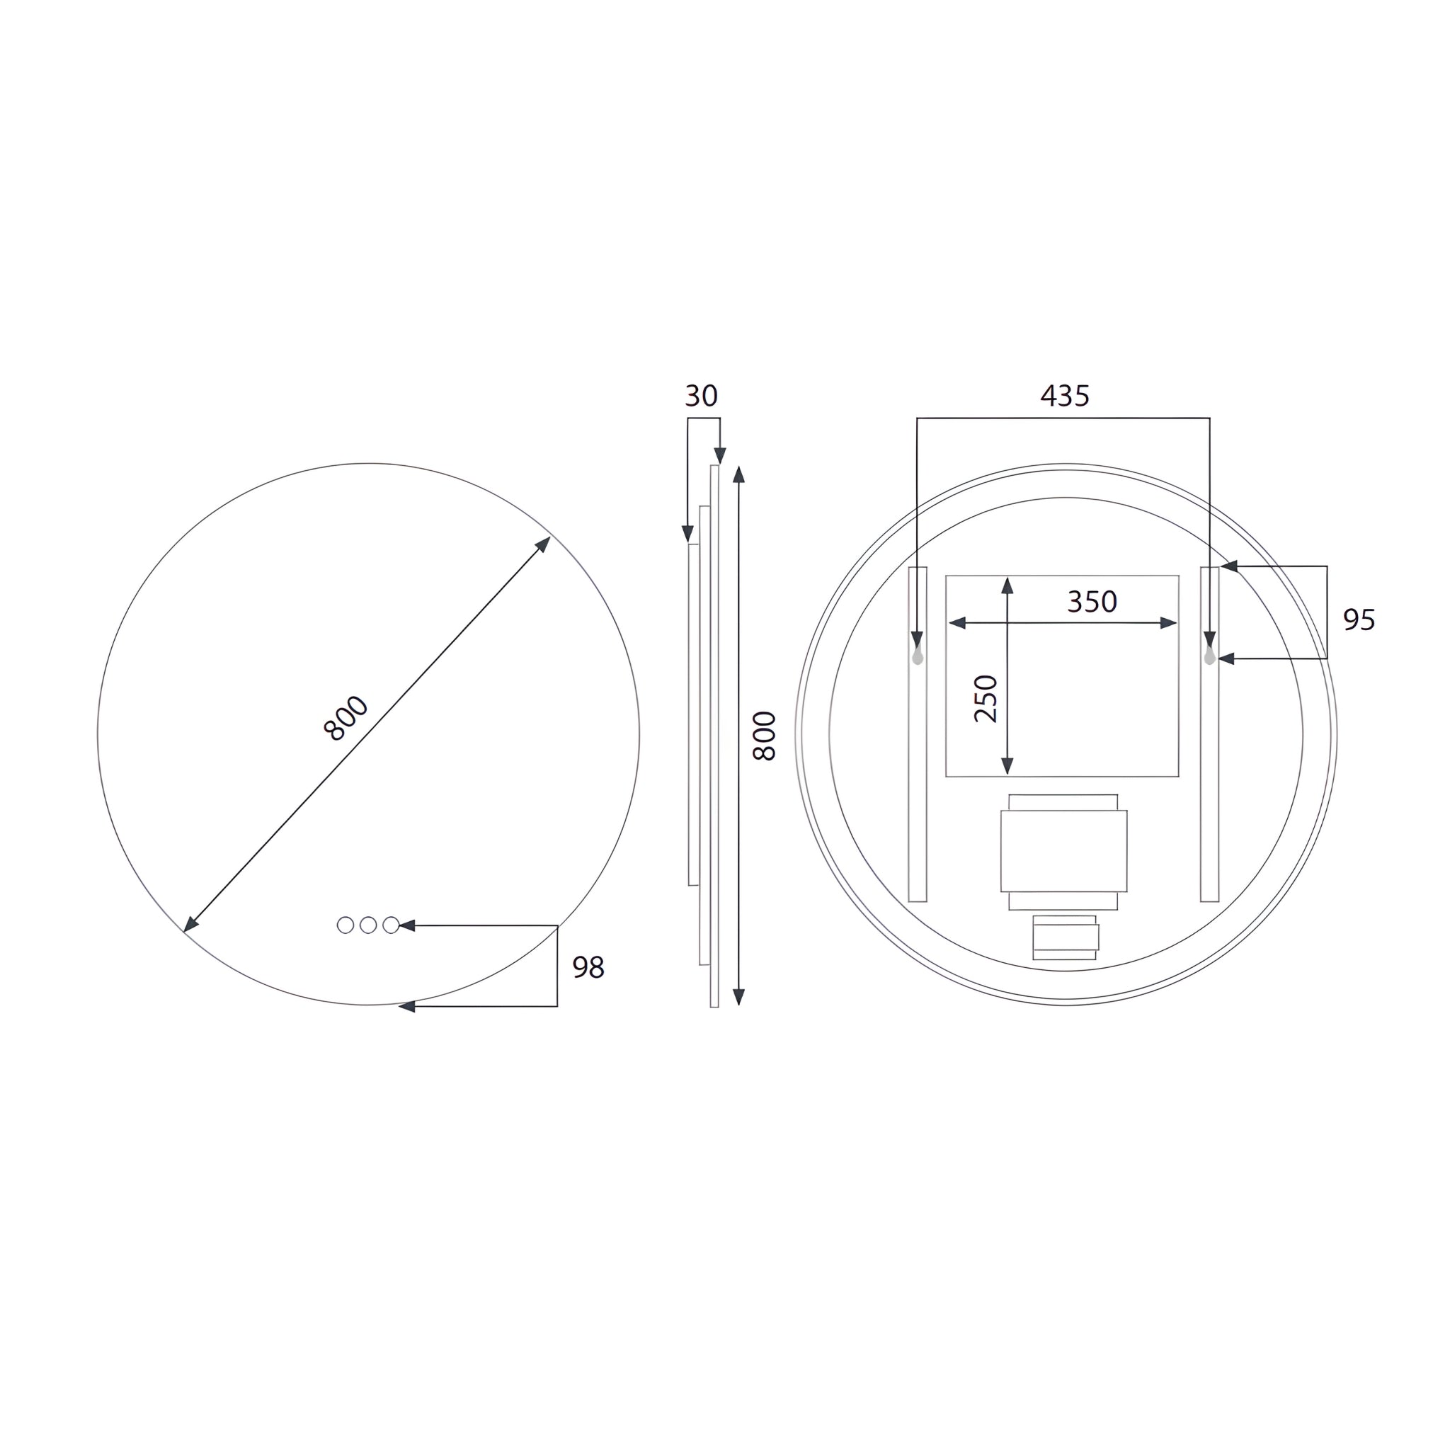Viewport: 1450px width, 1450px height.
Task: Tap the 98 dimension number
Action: pyautogui.click(x=588, y=967)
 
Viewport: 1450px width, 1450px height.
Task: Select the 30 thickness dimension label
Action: pyautogui.click(x=701, y=396)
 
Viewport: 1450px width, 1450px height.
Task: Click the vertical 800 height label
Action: pyautogui.click(x=764, y=736)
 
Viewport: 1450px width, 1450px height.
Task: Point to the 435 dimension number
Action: pyautogui.click(x=1064, y=396)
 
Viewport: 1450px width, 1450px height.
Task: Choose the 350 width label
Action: pyautogui.click(x=1092, y=601)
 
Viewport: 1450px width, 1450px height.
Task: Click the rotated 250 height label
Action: pyautogui.click(x=986, y=699)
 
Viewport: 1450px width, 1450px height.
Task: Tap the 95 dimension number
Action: pyautogui.click(x=1359, y=620)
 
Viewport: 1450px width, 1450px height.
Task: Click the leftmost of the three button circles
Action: pyautogui.click(x=346, y=925)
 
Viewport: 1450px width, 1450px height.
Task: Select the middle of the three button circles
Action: pyautogui.click(x=367, y=925)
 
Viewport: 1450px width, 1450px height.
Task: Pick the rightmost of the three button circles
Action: pyautogui.click(x=391, y=925)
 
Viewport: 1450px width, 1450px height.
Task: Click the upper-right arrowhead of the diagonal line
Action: pyautogui.click(x=543, y=543)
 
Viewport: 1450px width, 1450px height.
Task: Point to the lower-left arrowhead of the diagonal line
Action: pyautogui.click(x=190, y=925)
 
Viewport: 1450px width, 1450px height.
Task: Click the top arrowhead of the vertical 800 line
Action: pyautogui.click(x=738, y=474)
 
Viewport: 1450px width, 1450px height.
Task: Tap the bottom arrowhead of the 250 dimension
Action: pyautogui.click(x=1007, y=765)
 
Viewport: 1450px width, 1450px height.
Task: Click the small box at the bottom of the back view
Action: pyautogui.click(x=1065, y=937)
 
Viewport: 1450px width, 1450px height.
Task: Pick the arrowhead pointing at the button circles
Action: pyautogui.click(x=407, y=925)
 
